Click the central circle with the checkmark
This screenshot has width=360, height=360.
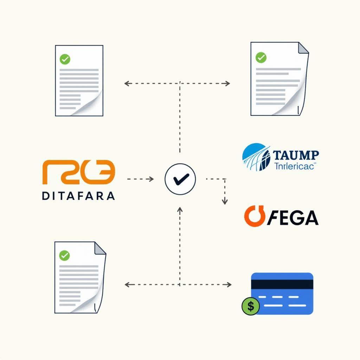click(180, 179)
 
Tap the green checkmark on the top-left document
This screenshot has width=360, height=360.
click(65, 59)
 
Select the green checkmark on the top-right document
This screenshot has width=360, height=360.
click(261, 57)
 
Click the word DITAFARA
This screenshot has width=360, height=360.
click(78, 196)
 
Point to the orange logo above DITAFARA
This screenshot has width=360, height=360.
click(78, 172)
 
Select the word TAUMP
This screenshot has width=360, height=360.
click(296, 155)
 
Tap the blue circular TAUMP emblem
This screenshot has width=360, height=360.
click(256, 157)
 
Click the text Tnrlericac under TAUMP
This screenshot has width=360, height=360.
click(294, 166)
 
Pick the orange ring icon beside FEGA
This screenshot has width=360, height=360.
click(254, 217)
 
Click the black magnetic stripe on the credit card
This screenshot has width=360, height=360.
click(282, 284)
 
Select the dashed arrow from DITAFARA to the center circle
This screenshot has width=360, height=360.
click(140, 179)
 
